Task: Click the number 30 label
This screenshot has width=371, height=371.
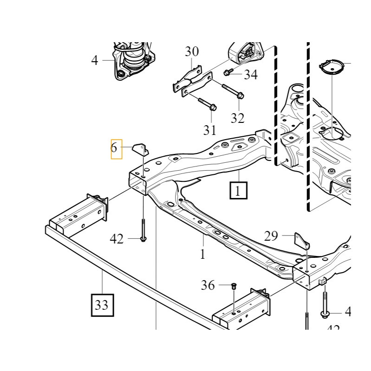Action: tap(192, 51)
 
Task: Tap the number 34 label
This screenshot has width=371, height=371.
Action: tap(250, 74)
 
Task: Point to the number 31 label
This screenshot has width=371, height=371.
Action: tap(210, 130)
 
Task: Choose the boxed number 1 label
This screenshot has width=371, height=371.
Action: tap(238, 190)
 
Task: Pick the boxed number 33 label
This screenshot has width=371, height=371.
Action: tap(102, 305)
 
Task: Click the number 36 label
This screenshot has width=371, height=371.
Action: tap(208, 285)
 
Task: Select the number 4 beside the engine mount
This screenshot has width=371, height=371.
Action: tap(95, 60)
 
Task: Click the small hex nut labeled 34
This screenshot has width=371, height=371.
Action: tap(228, 72)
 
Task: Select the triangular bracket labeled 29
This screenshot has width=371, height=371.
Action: tap(302, 242)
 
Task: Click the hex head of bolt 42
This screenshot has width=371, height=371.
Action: tap(143, 238)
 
